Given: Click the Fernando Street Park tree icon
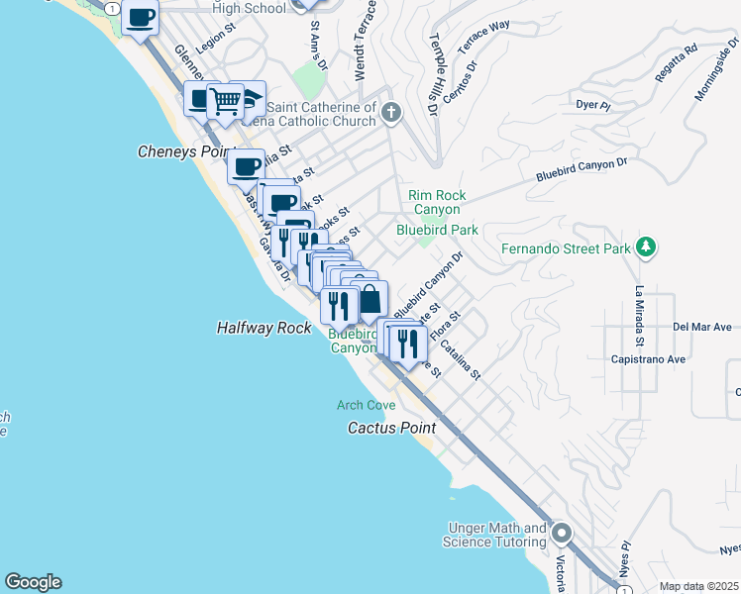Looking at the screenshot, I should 646,246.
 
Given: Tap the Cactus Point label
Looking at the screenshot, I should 390,428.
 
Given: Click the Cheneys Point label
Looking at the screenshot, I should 183,152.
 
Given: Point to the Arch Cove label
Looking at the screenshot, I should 366,405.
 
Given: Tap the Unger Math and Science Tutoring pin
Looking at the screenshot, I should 562,535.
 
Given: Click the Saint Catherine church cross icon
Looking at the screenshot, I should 390,113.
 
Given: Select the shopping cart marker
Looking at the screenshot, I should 226,100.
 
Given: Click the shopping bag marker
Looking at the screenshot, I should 369,297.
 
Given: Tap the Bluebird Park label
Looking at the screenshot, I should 437,230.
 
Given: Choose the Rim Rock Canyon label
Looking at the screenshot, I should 437,203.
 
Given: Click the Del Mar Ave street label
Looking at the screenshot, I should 701,326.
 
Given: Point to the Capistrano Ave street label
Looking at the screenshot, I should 649,359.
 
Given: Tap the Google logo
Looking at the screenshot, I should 33,582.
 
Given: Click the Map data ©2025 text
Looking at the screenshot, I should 698,586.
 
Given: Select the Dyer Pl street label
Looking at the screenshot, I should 589,104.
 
